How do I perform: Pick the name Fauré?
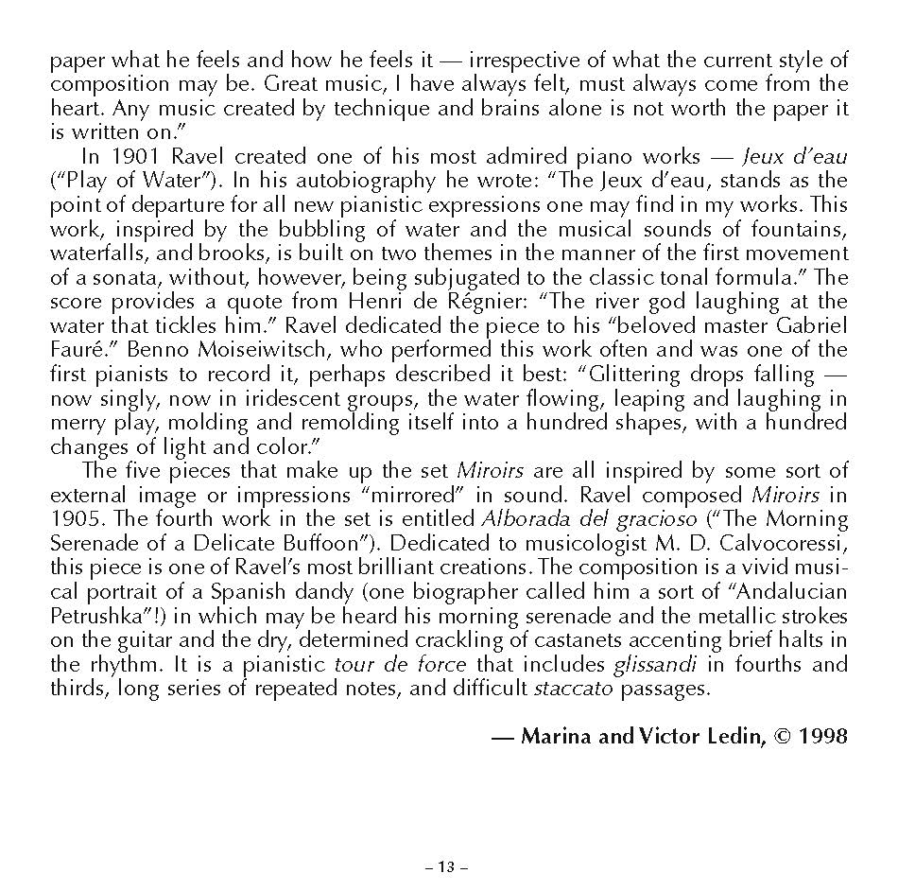[x=73, y=350]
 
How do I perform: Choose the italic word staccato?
[x=574, y=689]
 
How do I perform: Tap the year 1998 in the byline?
[x=823, y=736]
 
